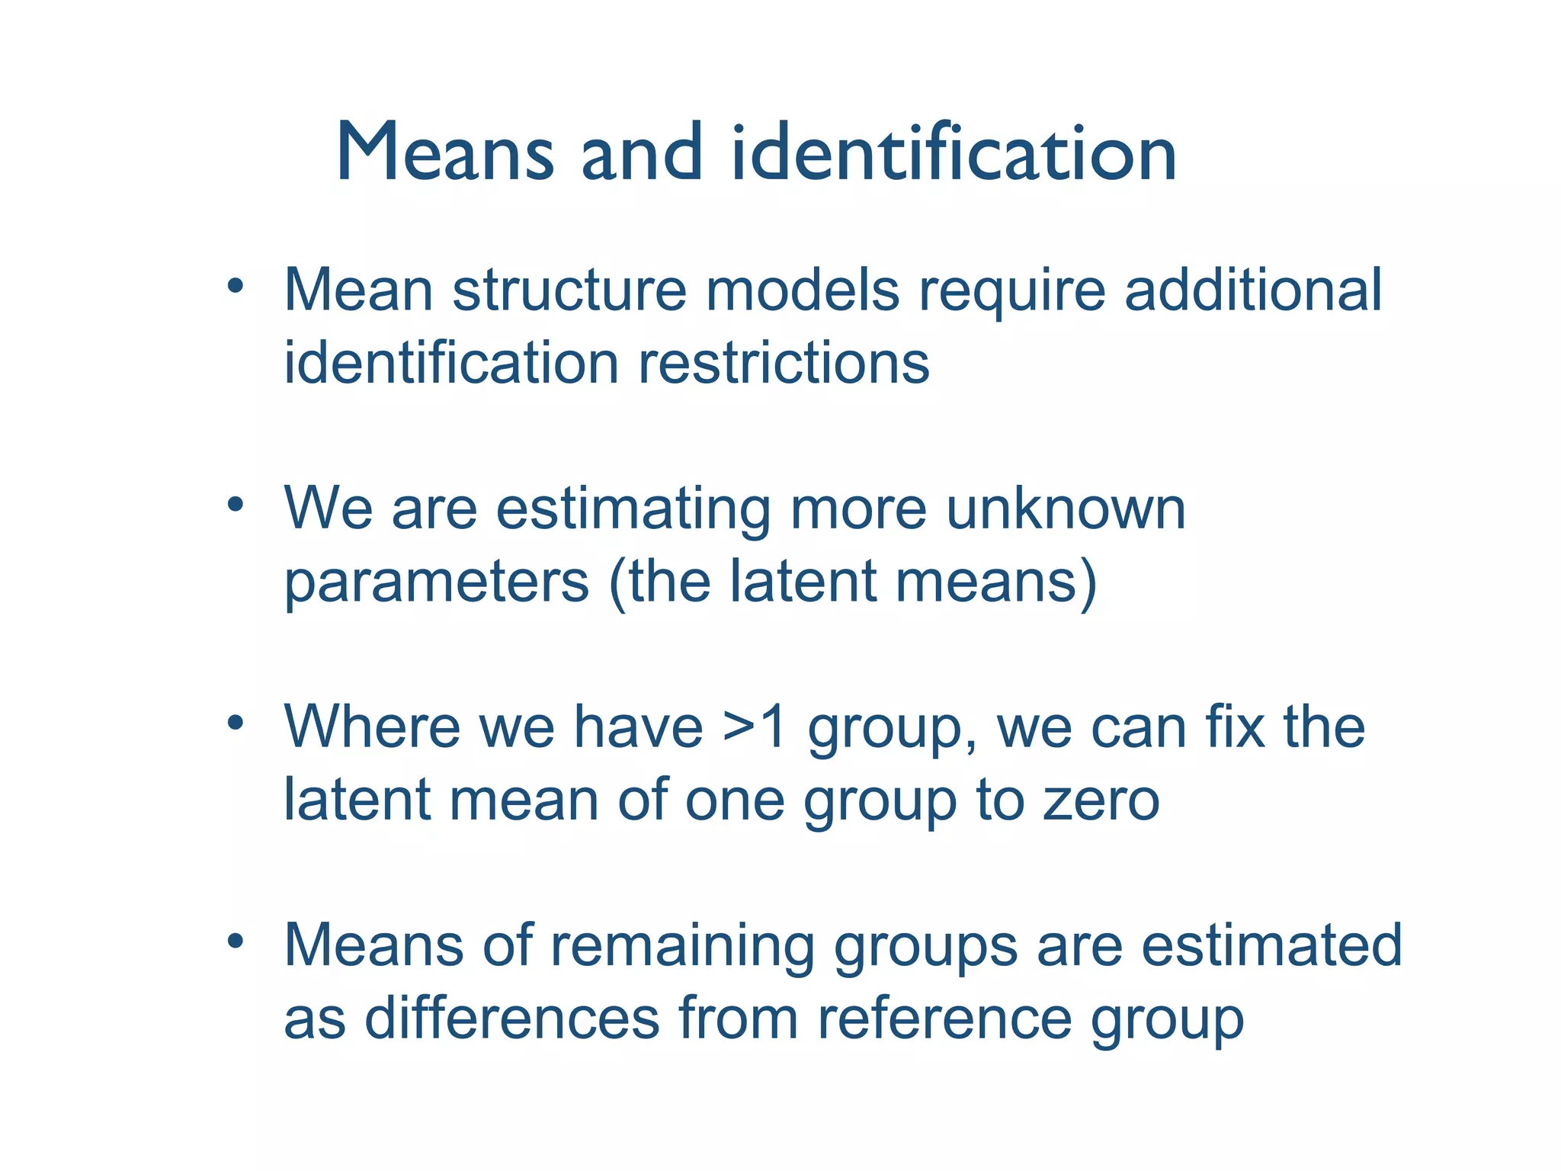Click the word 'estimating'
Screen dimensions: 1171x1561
[633, 511]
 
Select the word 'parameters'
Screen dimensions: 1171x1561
[437, 583]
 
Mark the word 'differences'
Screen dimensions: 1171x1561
[511, 1018]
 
